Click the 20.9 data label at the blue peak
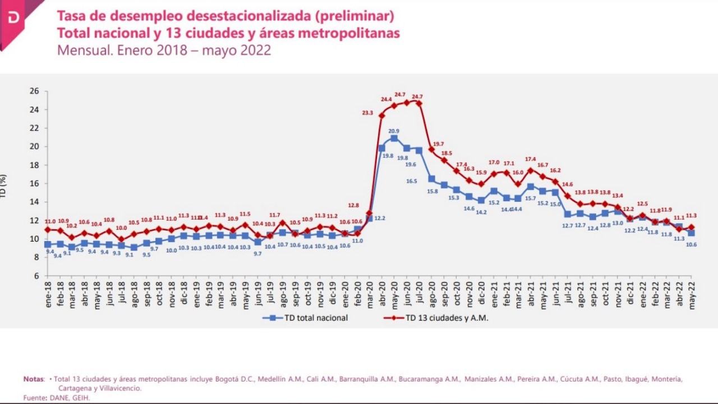tap(394, 131)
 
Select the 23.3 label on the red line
tap(367, 113)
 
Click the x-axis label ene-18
tap(48, 292)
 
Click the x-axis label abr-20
tap(382, 292)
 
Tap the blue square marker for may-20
tap(394, 138)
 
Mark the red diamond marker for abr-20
tap(382, 116)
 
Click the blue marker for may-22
tap(691, 233)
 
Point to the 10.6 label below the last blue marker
tap(692, 245)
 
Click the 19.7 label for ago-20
tap(438, 144)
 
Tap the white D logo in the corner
tap(13, 19)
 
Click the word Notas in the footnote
tap(33, 379)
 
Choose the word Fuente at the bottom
tap(34, 397)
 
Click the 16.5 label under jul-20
tap(411, 181)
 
